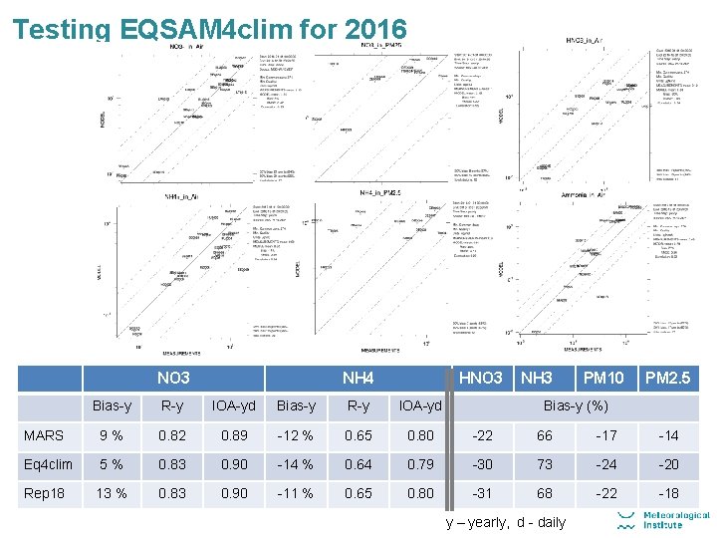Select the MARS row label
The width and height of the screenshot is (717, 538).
(x=44, y=435)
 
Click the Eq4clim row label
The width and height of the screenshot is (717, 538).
(x=49, y=464)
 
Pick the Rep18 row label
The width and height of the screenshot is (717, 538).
(x=46, y=493)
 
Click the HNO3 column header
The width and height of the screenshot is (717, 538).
(x=480, y=378)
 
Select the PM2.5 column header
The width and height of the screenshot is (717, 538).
(x=668, y=378)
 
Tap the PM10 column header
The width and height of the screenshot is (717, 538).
(x=604, y=378)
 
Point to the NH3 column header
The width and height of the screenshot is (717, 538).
(x=537, y=378)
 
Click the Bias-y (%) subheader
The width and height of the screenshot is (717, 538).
(x=575, y=405)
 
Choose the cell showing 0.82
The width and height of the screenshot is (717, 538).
(x=171, y=435)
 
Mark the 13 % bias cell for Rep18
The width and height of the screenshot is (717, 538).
(x=112, y=493)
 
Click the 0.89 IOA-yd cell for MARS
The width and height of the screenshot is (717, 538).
(x=234, y=435)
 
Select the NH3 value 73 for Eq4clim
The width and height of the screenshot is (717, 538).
(x=545, y=464)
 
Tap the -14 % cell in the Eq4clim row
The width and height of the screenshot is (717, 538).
(x=295, y=464)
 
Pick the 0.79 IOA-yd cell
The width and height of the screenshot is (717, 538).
(x=420, y=464)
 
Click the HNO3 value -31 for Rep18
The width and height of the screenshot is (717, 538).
(x=484, y=493)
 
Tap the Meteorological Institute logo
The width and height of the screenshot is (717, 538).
(x=663, y=519)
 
